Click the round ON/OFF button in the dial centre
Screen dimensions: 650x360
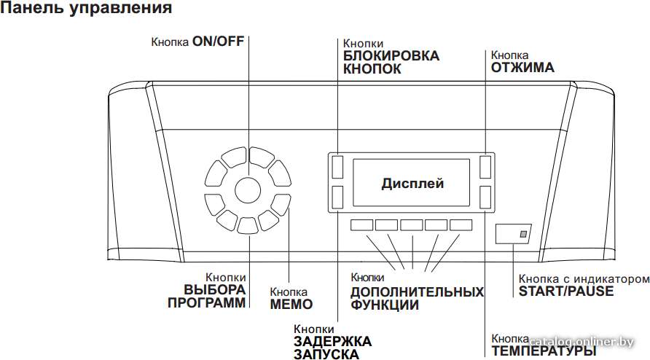[248, 190]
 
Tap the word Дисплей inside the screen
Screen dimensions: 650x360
[412, 184]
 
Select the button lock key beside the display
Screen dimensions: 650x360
[337, 167]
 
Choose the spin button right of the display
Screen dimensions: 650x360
[485, 167]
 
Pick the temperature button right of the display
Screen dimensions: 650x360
[485, 197]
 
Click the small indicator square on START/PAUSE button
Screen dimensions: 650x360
[523, 235]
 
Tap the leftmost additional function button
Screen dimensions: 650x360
[361, 224]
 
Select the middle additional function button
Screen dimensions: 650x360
[411, 224]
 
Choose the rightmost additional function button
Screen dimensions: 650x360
[461, 224]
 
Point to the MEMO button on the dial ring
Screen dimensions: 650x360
[281, 204]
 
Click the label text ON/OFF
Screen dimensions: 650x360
[219, 42]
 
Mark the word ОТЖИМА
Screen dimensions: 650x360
[522, 68]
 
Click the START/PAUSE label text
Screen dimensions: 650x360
[566, 291]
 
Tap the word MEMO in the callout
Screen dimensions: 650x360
[291, 305]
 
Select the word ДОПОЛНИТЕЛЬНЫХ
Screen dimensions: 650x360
[417, 292]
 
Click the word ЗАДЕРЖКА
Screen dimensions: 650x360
[333, 342]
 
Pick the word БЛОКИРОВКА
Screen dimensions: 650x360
[391, 56]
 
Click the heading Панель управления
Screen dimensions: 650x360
[86, 8]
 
